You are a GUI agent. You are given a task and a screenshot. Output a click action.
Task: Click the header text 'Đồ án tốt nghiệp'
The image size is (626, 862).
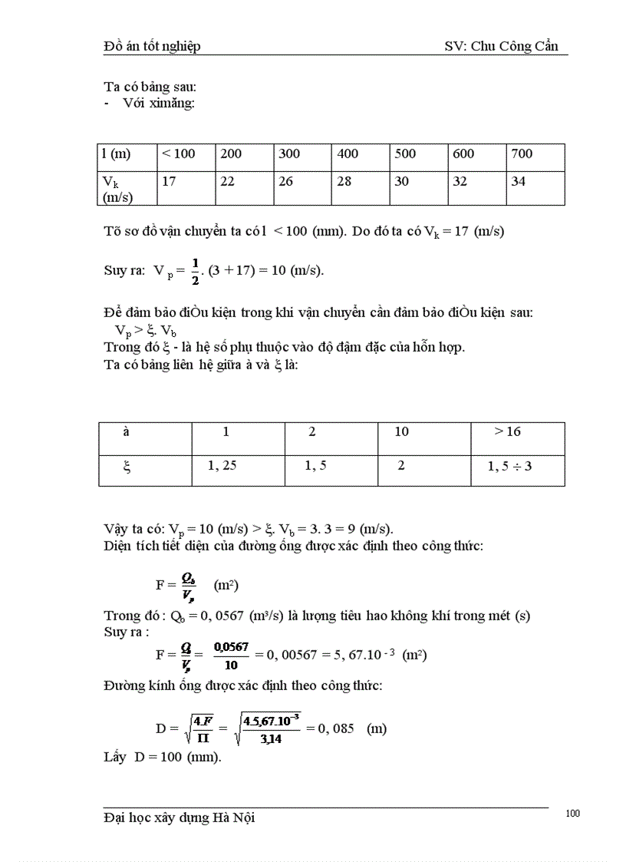point(152,47)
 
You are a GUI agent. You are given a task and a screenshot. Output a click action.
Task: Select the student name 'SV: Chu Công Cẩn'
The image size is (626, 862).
point(506,47)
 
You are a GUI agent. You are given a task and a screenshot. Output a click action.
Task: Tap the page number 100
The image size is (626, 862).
point(572,814)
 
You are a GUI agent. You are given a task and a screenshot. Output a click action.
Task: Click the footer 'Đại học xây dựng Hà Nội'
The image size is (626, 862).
point(179,818)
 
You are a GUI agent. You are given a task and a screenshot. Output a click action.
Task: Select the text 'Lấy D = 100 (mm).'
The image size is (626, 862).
point(162,757)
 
